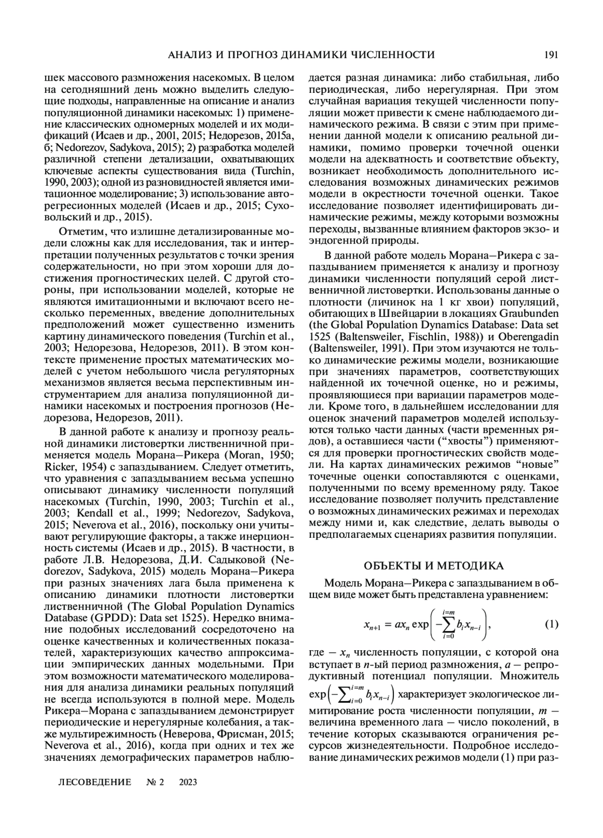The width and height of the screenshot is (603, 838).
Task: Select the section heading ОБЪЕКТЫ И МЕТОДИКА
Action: tap(433, 566)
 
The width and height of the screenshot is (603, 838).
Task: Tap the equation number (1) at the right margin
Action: tap(551, 625)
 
